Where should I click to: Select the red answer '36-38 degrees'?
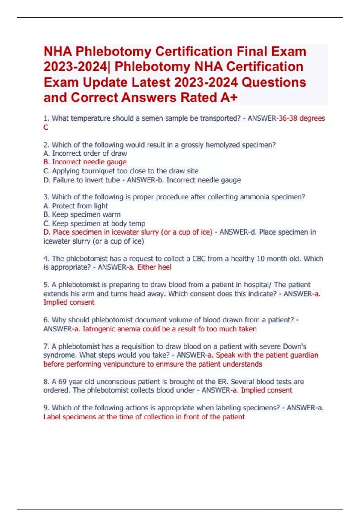click(302, 118)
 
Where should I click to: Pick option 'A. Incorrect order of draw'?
click(85, 153)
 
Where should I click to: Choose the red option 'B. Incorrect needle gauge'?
click(85, 162)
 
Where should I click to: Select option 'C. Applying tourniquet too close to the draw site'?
click(121, 171)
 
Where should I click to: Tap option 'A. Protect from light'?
click(76, 206)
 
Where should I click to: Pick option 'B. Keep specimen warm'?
click(82, 215)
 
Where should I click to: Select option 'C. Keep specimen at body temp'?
click(94, 223)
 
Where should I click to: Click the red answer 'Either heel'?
click(154, 267)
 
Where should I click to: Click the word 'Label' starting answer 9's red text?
click(52, 417)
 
